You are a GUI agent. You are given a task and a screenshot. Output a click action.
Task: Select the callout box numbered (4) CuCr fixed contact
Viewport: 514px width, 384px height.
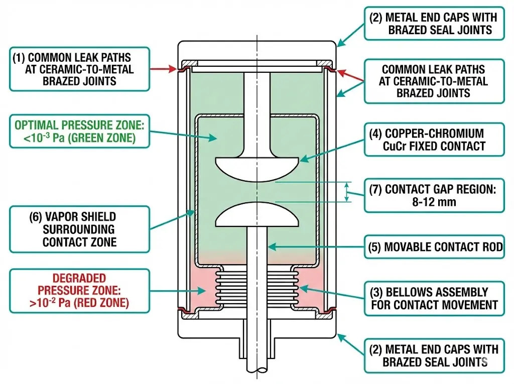pyautogui.click(x=434, y=140)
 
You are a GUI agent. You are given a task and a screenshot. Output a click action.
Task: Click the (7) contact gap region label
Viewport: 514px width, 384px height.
pyautogui.click(x=434, y=196)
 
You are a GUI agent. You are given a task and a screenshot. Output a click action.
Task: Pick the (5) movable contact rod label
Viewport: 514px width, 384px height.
pyautogui.click(x=434, y=247)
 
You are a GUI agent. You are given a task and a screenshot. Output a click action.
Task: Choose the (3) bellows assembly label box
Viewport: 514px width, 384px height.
pyautogui.click(x=434, y=298)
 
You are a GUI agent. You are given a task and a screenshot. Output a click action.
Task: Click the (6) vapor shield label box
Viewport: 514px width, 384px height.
pyautogui.click(x=79, y=229)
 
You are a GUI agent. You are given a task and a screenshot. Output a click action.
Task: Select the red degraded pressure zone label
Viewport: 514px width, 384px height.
pyautogui.click(x=79, y=291)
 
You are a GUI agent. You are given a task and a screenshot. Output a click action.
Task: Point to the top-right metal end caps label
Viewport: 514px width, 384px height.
pyautogui.click(x=435, y=24)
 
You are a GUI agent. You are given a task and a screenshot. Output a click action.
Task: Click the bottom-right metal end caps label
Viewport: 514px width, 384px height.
pyautogui.click(x=435, y=355)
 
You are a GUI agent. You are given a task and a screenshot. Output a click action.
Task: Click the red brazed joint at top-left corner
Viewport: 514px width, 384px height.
pyautogui.click(x=184, y=67)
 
